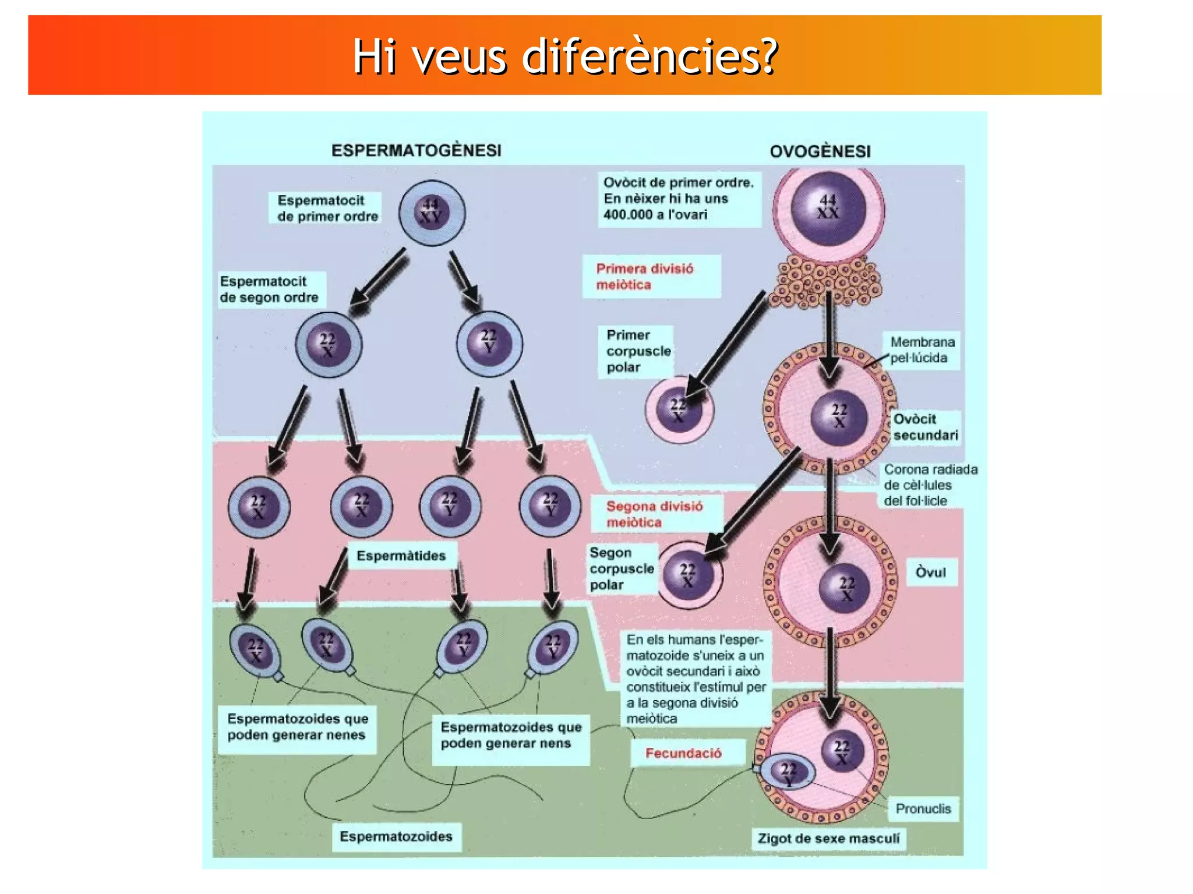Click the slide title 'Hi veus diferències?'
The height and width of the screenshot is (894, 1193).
point(564,56)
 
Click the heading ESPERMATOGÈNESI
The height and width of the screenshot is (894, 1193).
point(416,150)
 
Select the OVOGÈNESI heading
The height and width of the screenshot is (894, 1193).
point(820,151)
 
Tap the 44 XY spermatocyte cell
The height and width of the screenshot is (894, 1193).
point(432,213)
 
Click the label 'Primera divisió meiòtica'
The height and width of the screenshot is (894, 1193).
point(645,277)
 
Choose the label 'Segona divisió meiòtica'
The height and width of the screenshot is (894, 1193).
point(654,514)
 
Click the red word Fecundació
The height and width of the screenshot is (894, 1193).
point(683,753)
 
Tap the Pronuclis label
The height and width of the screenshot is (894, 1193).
point(923,808)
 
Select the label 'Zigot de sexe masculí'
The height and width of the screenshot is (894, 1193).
point(828,838)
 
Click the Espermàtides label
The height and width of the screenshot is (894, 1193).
point(401,556)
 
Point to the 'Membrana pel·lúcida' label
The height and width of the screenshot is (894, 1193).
point(922,349)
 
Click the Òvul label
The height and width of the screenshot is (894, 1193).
point(930,572)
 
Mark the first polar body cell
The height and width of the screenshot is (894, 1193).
point(679,409)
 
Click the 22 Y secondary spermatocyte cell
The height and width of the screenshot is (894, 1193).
point(489,344)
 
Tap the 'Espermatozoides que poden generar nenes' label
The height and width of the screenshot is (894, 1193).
point(298,726)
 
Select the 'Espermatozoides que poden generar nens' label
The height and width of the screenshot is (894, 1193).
point(511,734)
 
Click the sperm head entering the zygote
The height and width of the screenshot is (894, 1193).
point(788,772)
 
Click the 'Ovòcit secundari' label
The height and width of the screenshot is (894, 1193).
point(925,427)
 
